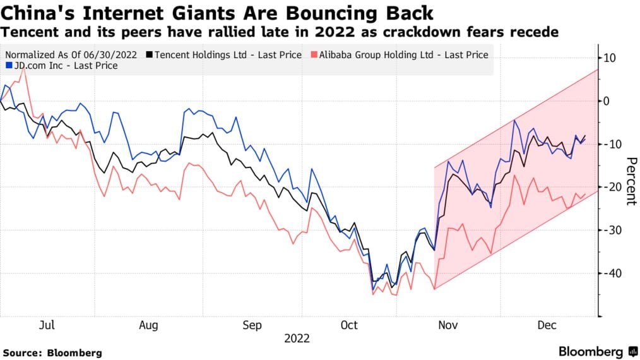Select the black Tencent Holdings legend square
149,55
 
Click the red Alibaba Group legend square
313,55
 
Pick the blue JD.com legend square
9,65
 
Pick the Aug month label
148,325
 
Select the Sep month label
251,325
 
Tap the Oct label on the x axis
349,325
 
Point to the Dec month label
546,325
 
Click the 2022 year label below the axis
297,339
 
